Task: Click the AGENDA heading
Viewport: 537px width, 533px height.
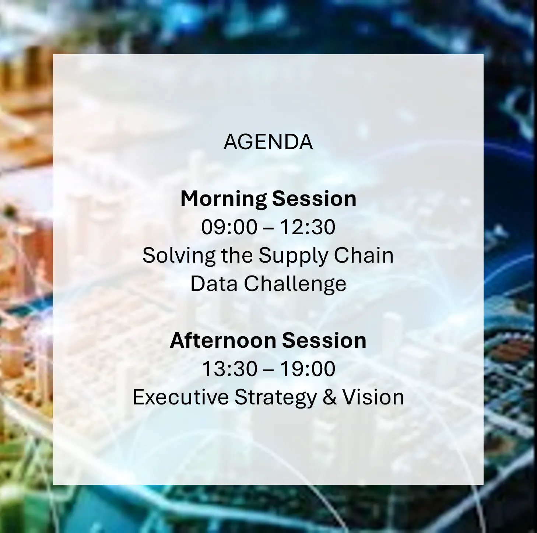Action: (x=268, y=142)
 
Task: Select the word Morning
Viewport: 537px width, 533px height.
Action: (x=223, y=199)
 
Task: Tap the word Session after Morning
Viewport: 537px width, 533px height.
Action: (x=314, y=199)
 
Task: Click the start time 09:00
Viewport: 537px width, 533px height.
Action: (x=229, y=227)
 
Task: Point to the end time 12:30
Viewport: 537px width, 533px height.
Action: (x=308, y=227)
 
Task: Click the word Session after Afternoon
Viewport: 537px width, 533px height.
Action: (x=324, y=340)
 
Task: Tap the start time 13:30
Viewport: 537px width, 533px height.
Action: (x=230, y=369)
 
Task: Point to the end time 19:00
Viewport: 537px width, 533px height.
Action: (x=308, y=369)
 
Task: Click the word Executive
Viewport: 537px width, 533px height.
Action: (x=180, y=397)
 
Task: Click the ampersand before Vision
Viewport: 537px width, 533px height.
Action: (x=330, y=397)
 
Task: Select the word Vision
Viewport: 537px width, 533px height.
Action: (x=373, y=397)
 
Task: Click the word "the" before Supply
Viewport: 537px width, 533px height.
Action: (x=237, y=255)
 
